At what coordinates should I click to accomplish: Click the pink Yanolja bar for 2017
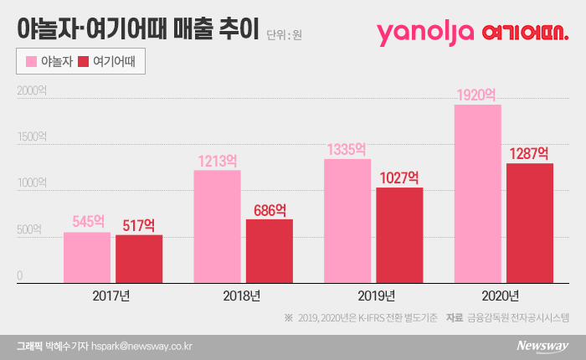click(87, 257)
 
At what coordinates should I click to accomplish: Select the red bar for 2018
click(269, 250)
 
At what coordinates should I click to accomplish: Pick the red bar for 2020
click(529, 223)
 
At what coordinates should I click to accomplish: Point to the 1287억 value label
click(529, 153)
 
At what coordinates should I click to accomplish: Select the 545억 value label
click(87, 222)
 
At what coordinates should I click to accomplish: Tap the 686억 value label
click(269, 209)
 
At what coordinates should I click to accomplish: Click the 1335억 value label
click(347, 149)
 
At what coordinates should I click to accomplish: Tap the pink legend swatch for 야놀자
click(32, 61)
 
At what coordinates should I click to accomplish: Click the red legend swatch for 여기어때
click(83, 61)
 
